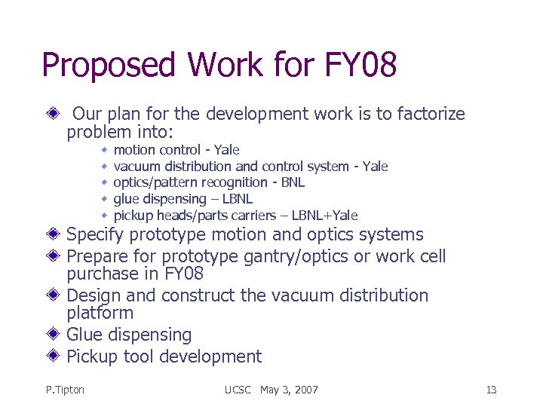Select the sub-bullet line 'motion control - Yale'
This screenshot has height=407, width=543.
point(176,150)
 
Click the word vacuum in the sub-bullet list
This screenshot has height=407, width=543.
point(136,167)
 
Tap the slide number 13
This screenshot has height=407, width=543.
point(491,390)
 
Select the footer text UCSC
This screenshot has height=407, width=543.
point(239,390)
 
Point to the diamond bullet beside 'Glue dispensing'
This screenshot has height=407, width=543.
point(54,334)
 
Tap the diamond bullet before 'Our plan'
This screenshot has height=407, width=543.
point(54,114)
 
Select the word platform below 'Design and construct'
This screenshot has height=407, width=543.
point(100,313)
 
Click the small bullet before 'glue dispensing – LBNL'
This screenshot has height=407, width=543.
point(104,199)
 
